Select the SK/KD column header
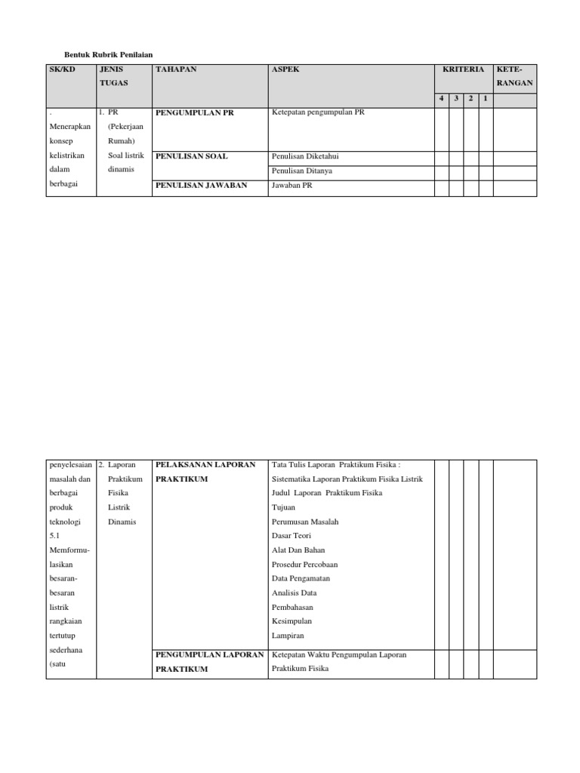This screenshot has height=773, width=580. point(63,69)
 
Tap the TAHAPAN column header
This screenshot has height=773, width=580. point(175,69)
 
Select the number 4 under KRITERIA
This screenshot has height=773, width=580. point(442,99)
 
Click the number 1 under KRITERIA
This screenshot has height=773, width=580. point(485,99)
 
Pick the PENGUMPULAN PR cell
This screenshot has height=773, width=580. point(195,113)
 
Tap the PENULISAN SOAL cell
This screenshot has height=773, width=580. point(191,156)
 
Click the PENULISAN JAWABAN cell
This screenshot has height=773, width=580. point(201,185)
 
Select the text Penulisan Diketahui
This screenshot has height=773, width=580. point(305,156)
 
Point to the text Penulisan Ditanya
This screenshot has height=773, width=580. point(301,171)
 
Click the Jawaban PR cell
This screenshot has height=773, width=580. point(291,185)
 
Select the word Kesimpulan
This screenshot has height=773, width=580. point(292,621)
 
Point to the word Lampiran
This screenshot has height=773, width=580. point(287,636)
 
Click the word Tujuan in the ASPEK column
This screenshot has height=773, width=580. point(285,507)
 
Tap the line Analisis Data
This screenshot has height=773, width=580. point(294,593)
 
